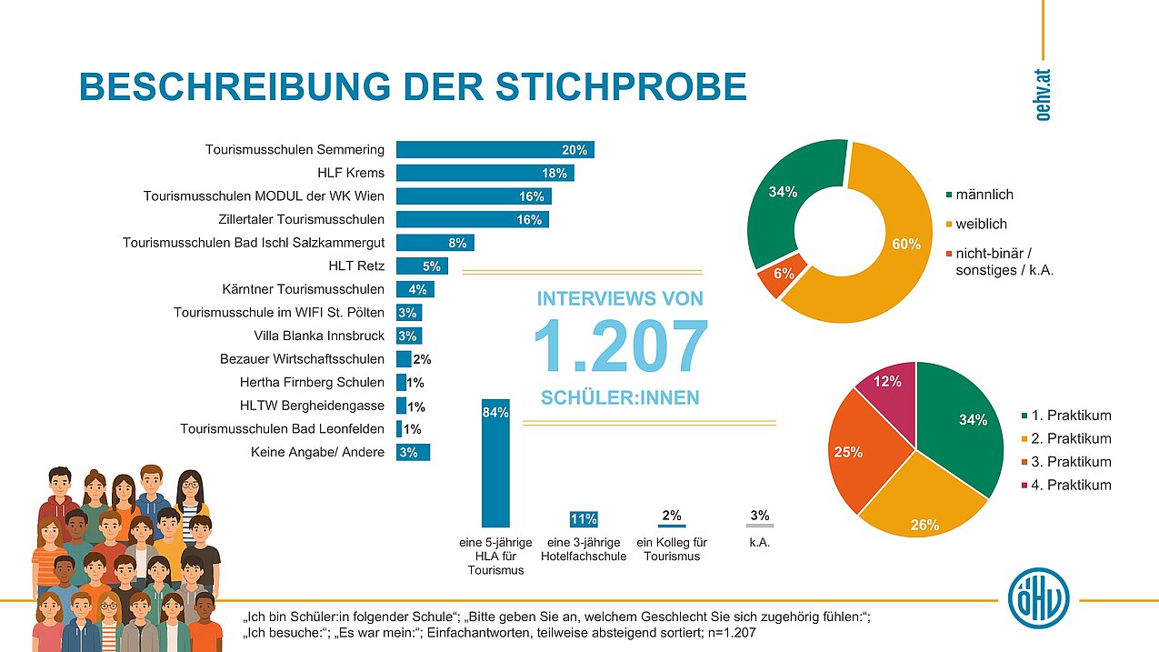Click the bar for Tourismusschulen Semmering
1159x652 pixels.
click(495, 150)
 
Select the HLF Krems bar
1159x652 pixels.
click(485, 173)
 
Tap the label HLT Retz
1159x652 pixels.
click(356, 266)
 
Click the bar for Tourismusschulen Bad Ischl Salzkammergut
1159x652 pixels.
click(435, 243)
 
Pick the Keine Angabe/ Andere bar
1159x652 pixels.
click(413, 452)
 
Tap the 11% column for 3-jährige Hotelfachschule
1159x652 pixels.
click(583, 519)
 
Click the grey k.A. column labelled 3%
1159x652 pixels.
click(760, 525)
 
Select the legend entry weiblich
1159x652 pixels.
click(981, 224)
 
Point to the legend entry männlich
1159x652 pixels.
click(984, 195)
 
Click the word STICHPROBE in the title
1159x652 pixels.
click(622, 86)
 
